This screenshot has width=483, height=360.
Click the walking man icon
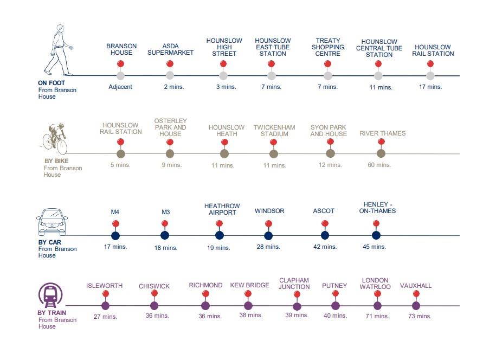(x=59, y=53)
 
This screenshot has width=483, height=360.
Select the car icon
(x=51, y=220)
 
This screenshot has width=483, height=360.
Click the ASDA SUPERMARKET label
(x=171, y=49)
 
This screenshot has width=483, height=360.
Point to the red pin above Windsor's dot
(x=268, y=224)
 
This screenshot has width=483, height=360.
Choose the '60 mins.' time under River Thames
(x=379, y=165)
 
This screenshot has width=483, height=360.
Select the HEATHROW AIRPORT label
(x=222, y=209)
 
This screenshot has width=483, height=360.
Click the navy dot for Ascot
(x=325, y=235)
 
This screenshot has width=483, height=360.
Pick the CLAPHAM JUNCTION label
(x=294, y=284)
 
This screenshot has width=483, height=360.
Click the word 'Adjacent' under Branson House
(x=120, y=87)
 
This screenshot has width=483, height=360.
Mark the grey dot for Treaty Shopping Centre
(x=327, y=75)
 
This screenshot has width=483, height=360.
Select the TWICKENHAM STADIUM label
(x=274, y=131)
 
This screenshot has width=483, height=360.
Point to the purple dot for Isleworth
(x=105, y=306)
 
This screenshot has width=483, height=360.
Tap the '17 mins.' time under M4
(x=115, y=247)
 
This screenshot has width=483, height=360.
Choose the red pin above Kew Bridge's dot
(x=248, y=294)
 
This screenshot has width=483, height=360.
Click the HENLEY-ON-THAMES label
(x=377, y=207)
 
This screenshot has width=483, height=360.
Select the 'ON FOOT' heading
(x=51, y=83)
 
